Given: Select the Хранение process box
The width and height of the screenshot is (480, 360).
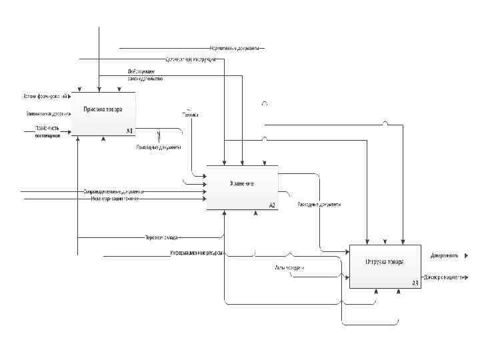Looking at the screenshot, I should coord(242,187).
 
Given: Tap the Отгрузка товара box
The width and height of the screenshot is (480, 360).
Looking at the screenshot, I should coord(385,266).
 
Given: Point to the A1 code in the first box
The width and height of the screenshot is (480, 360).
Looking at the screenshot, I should coord(129,131).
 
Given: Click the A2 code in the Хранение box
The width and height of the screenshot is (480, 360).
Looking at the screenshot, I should coord(272,205).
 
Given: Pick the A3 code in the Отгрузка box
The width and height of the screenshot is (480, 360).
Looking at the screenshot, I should coord(415,283).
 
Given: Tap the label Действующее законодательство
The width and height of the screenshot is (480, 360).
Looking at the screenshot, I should coord(145,75).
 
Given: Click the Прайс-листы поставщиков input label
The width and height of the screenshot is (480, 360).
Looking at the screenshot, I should coord(47,131).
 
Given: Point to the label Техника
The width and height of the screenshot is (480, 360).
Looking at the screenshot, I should coord(191,114).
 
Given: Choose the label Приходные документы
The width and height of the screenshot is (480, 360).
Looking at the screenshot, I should coord(158,147).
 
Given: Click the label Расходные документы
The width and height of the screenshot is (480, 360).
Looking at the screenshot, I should coord(319,204).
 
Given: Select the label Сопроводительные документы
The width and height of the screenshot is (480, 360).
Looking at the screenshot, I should coord(113,192).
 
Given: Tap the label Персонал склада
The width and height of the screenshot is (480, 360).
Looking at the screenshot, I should coord(161,237).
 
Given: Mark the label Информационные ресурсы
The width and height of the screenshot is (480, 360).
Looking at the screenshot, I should coord(196,254).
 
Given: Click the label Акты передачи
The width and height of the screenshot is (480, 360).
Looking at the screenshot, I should coord(289,267).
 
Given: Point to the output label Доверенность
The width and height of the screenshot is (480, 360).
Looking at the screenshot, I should coord(443,255).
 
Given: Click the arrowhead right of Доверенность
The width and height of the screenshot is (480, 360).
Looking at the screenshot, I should coord(466,255).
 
